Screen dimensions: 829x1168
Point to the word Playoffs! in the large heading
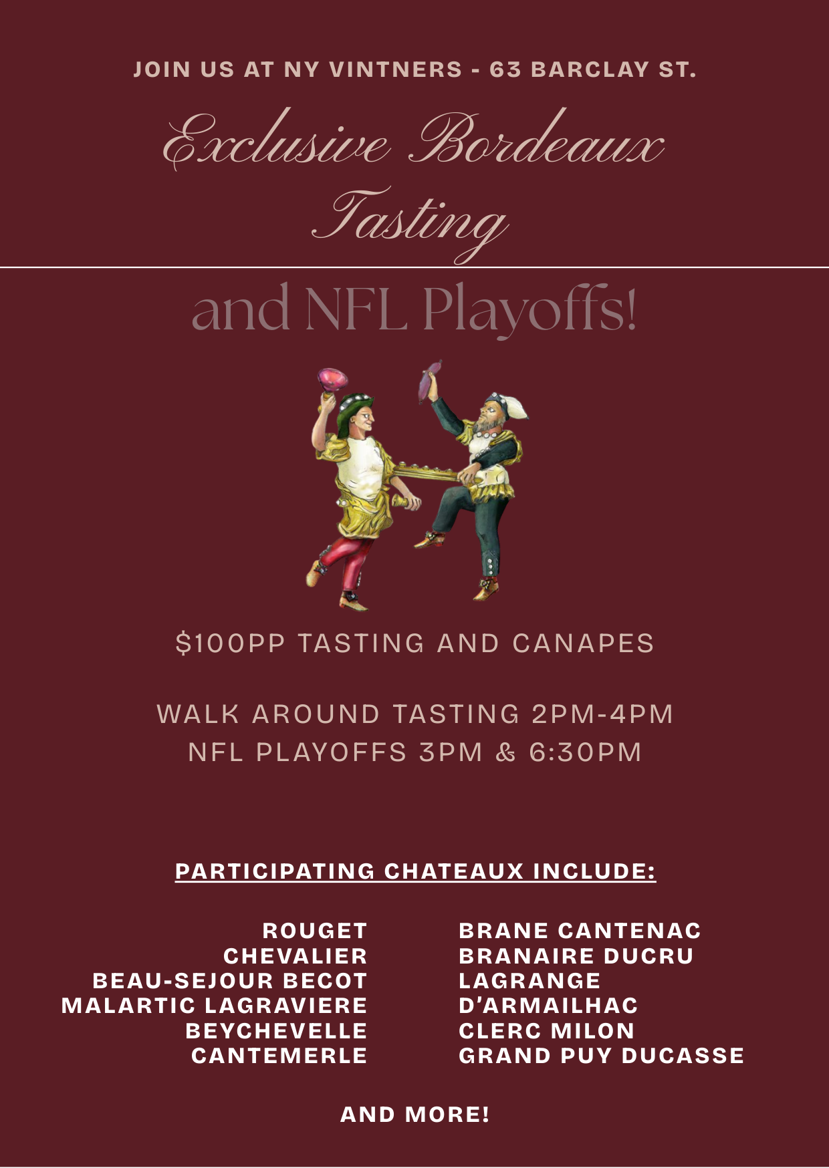point(529,309)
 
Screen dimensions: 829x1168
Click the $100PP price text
point(230,643)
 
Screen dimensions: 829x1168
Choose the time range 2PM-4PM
point(602,714)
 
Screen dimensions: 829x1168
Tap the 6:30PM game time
point(585,752)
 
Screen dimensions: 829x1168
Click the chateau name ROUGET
point(314,930)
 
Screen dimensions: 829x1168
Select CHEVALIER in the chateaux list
point(295,956)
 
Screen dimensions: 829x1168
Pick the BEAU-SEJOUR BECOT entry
point(230,980)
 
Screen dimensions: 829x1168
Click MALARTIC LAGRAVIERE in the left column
point(214,1005)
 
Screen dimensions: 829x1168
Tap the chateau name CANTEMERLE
point(279,1055)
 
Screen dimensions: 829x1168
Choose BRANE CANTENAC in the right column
point(580,930)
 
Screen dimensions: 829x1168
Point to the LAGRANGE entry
point(529,980)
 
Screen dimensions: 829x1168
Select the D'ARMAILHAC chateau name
point(548,1005)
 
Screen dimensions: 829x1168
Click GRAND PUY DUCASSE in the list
point(601,1055)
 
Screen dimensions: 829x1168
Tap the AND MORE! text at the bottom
point(414,1114)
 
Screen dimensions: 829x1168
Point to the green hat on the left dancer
point(352,408)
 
